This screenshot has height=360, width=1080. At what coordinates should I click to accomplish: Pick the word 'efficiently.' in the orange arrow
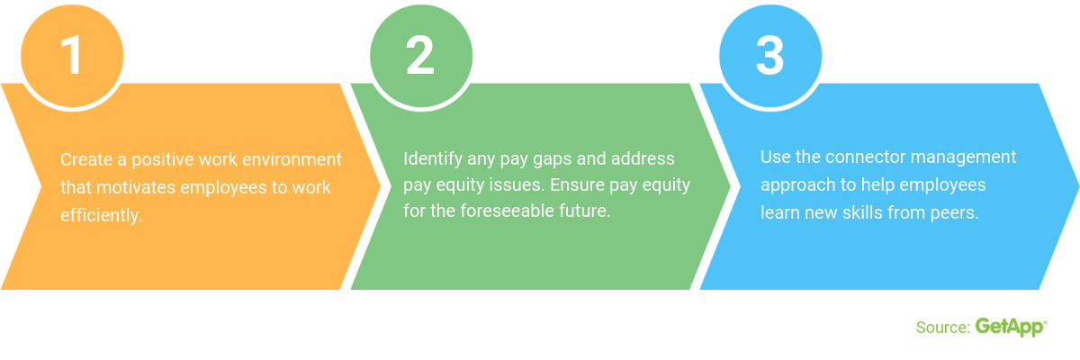coord(102,217)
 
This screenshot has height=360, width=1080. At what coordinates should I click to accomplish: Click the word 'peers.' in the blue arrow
coord(955,213)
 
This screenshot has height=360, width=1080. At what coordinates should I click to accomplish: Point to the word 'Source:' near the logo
coord(942,328)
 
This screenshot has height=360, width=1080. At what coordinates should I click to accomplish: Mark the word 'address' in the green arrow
coord(643,159)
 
